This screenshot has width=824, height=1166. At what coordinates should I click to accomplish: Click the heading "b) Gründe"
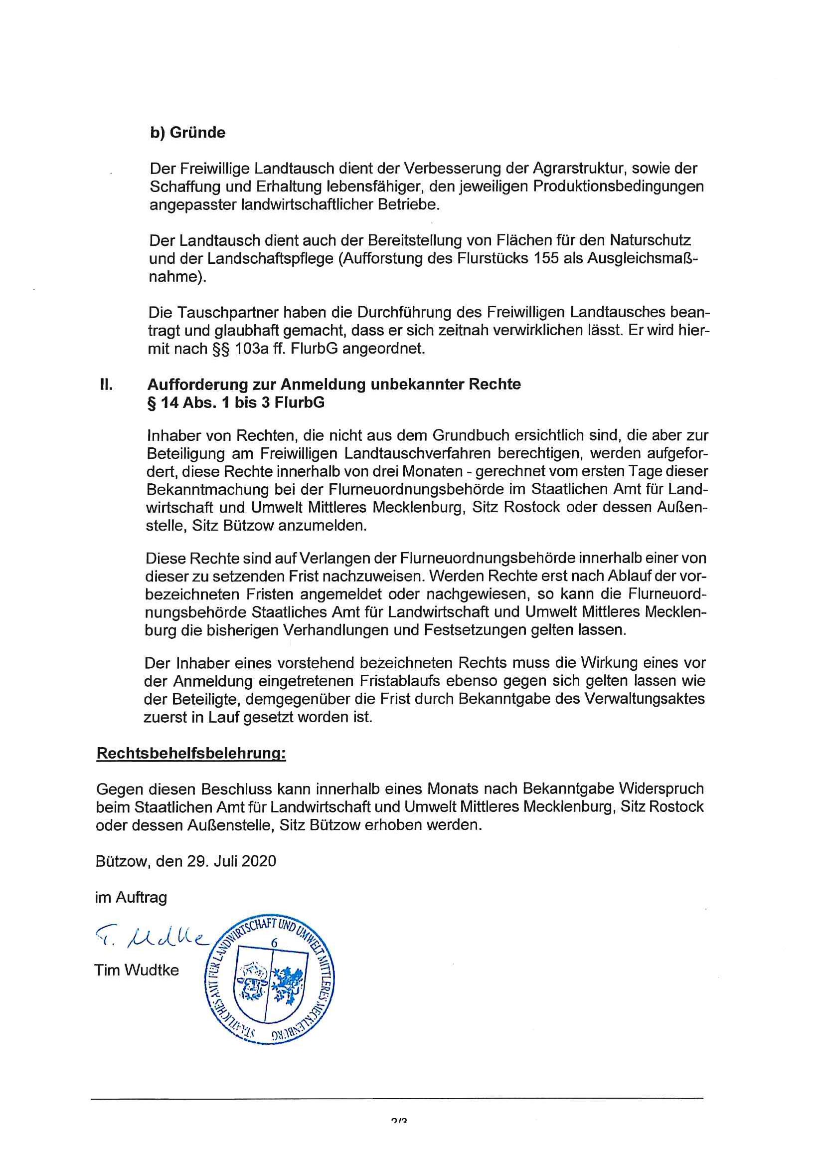tap(187, 133)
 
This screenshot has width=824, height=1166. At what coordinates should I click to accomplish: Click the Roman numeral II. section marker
tap(106, 384)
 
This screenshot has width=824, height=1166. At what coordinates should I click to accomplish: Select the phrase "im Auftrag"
tap(131, 897)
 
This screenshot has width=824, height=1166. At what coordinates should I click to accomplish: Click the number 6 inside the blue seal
tap(274, 943)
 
